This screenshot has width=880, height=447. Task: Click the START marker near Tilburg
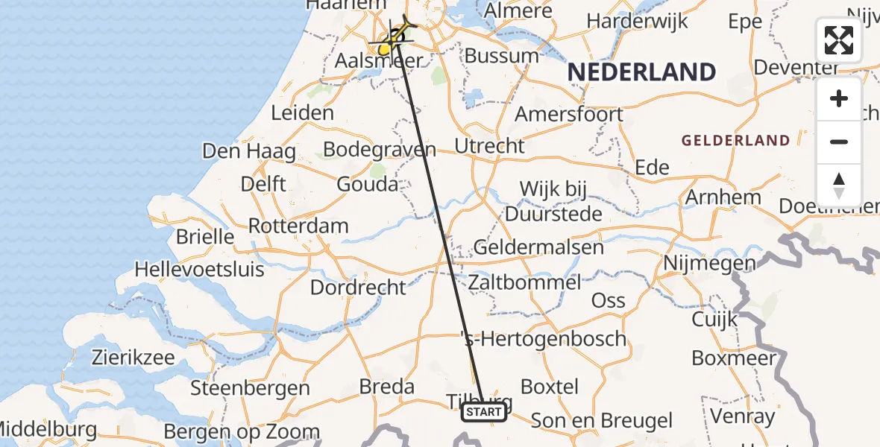coord(484,411)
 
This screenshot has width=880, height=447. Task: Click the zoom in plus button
coord(839,98)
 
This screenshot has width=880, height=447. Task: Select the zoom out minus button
coord(839,142)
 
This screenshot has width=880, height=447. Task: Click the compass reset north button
coord(839,185)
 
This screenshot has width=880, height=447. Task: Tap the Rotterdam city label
coord(298,226)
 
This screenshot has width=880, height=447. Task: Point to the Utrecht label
coord(490,146)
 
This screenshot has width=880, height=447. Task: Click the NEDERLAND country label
coord(642,72)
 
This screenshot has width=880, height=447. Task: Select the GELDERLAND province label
coord(735,140)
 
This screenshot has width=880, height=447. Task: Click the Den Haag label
coord(249,151)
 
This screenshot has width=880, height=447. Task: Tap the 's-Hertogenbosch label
coord(544,339)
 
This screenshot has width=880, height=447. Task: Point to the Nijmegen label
coord(710,262)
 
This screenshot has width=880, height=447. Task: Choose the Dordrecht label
coord(358,287)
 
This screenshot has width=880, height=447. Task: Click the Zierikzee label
coord(133,357)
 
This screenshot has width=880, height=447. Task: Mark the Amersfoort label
coord(569,115)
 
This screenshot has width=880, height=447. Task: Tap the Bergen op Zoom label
coord(242,431)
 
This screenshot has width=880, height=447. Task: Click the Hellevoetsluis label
coord(199,268)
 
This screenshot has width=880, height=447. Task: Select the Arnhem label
coord(723,197)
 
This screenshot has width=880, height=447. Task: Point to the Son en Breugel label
coord(603,421)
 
